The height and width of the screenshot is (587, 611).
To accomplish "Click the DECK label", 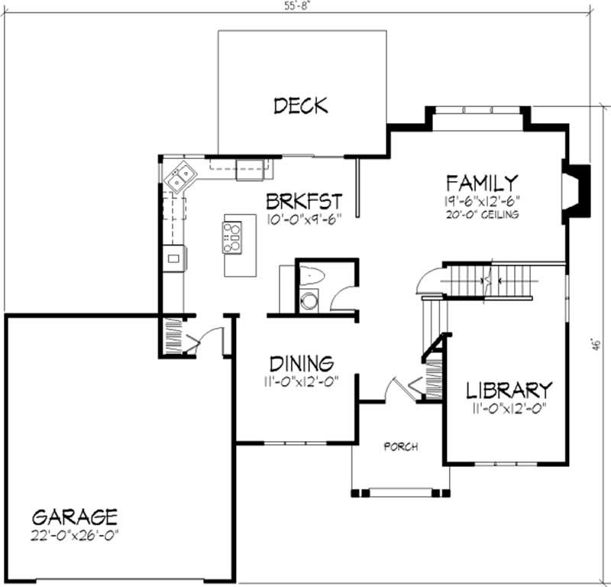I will point(300,105).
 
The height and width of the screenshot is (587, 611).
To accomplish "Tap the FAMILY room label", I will point(482,183).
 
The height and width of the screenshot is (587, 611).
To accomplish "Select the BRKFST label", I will point(303,201).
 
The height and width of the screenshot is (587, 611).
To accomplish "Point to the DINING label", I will point(300,362).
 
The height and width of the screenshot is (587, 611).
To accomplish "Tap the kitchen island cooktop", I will point(232,237).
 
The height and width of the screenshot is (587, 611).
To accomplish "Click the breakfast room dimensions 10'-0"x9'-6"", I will point(303,219).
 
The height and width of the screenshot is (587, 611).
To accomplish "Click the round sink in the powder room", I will point(309,301).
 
